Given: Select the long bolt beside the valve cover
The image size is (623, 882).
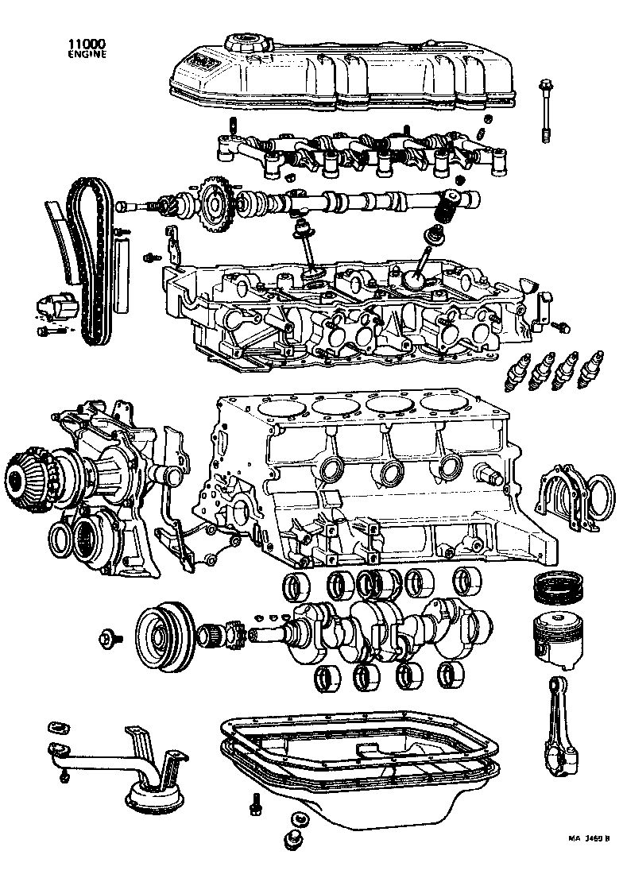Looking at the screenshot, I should [x=547, y=111].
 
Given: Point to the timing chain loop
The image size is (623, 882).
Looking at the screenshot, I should [x=85, y=262].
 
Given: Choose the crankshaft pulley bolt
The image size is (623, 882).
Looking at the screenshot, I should [x=110, y=637].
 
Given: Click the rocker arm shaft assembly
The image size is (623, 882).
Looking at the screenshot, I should [x=358, y=151].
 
